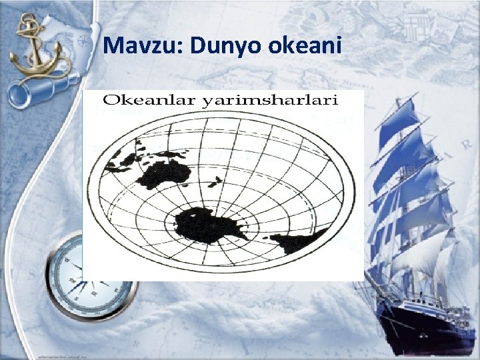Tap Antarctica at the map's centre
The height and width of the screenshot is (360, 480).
click(207, 223)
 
